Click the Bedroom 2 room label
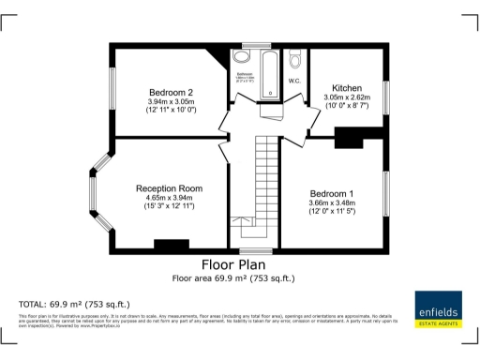click(172, 92)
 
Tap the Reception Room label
click(168, 187)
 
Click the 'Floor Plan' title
click(239, 265)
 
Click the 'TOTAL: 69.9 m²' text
click(75, 305)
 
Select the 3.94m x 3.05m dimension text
click(171, 102)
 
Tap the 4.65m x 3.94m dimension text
click(169, 198)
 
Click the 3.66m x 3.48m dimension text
click(333, 202)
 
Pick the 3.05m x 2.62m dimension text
click(347, 97)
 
